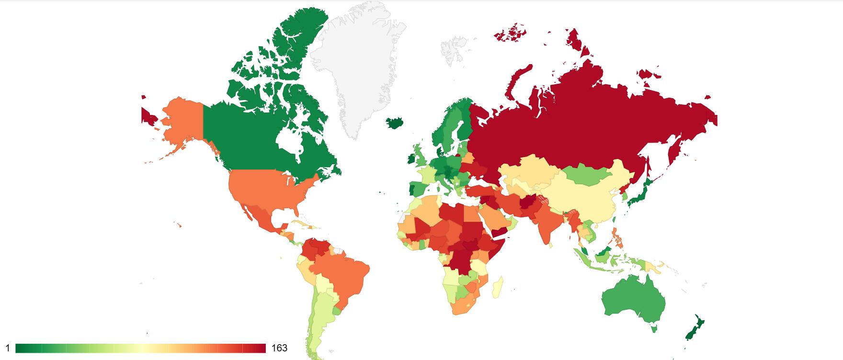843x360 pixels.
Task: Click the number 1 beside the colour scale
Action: pyautogui.click(x=7, y=348)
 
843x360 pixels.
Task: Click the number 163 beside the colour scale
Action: pyautogui.click(x=279, y=348)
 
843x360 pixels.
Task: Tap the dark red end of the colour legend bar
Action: pyautogui.click(x=261, y=348)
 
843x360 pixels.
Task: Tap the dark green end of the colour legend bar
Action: pyautogui.click(x=21, y=348)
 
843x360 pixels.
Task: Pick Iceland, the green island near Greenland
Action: pyautogui.click(x=395, y=123)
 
